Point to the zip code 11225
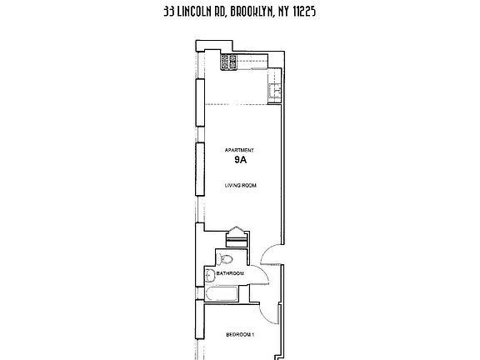332,12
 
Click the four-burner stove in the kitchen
227,61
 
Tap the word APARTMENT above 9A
238,151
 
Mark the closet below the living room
237,236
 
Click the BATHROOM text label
229,273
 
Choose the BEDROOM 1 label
240,335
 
